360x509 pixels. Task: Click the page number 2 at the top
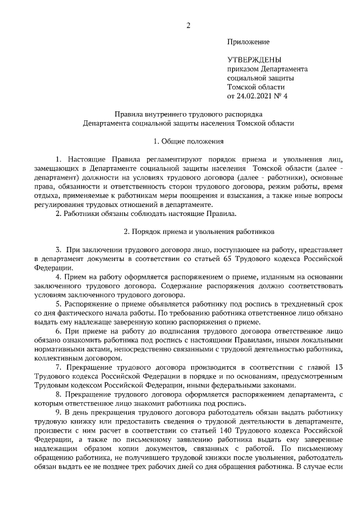coord(188,25)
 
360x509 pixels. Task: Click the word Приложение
coord(248,42)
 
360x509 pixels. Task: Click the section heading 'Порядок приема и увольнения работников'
coord(199,231)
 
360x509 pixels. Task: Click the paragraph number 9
coord(58,411)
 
